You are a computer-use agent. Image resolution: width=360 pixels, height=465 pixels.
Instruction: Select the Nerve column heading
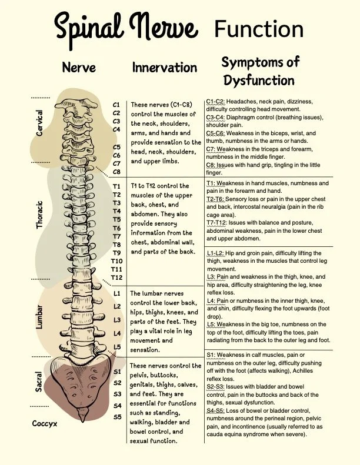click(x=79, y=68)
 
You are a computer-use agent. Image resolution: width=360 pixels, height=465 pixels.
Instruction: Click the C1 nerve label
click(x=116, y=105)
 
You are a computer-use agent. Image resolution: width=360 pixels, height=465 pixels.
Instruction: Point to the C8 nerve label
click(x=116, y=172)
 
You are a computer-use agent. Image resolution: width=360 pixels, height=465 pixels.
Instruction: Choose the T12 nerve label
click(x=116, y=277)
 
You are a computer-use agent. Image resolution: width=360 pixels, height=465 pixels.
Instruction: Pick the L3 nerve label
click(x=117, y=320)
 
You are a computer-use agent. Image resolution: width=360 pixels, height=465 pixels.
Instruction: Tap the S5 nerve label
click(x=117, y=417)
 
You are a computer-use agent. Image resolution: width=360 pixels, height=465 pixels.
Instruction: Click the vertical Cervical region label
click(x=40, y=123)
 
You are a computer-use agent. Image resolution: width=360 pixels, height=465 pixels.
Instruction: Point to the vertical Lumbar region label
click(x=40, y=317)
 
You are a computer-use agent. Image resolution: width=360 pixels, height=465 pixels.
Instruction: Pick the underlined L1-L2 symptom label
click(x=216, y=253)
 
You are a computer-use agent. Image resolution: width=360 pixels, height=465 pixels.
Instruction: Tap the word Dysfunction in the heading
click(x=258, y=79)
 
